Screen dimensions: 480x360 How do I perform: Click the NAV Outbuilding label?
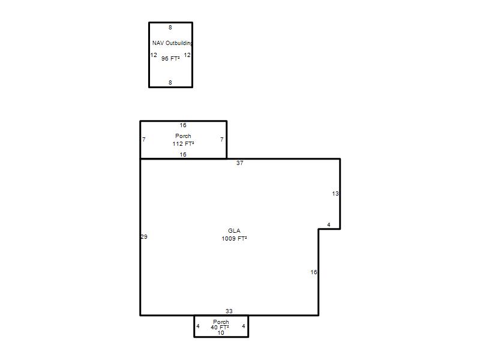[172, 43]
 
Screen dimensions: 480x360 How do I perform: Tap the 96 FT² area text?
[170, 58]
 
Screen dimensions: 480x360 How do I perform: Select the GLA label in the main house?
[234, 231]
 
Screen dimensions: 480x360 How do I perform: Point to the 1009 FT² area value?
[234, 238]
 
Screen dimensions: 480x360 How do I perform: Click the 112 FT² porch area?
[183, 143]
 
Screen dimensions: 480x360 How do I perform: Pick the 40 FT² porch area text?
[220, 327]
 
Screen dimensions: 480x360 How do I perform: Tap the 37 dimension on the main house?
[239, 163]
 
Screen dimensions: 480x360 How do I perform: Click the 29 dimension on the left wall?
[144, 236]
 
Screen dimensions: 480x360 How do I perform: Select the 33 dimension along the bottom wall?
[229, 311]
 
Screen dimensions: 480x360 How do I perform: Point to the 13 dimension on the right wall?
[335, 194]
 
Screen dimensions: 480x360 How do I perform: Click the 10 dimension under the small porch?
[221, 333]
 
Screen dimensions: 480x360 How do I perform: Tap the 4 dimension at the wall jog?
[329, 225]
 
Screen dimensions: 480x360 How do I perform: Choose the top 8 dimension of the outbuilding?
[170, 28]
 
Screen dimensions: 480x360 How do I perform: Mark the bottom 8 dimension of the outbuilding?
[170, 83]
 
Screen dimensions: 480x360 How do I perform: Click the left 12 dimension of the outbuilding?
[154, 55]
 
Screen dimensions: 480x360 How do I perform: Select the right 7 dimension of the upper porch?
[222, 140]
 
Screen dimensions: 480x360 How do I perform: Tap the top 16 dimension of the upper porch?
[183, 125]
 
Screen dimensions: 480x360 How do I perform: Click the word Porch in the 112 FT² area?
[183, 136]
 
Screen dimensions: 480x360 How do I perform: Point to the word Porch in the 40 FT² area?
[221, 322]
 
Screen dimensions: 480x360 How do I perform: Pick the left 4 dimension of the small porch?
[198, 326]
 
